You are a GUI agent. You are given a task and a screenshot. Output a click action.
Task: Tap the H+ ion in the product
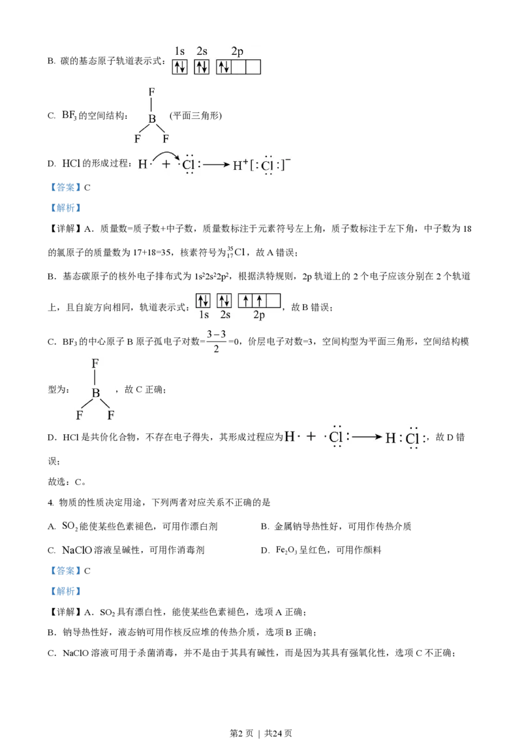(241, 165)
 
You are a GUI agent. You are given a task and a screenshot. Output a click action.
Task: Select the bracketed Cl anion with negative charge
(268, 166)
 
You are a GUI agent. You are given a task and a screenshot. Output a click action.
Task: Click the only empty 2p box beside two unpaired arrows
(273, 300)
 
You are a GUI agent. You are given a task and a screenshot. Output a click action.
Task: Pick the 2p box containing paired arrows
(223, 67)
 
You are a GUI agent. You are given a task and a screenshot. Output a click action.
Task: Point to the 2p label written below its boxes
(259, 315)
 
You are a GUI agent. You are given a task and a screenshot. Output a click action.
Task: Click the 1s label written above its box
(179, 51)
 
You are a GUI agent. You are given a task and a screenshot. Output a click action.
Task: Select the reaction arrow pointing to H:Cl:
(367, 437)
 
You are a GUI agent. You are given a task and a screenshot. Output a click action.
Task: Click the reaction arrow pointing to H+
(216, 165)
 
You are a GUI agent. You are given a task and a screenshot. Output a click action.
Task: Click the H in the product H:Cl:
(390, 438)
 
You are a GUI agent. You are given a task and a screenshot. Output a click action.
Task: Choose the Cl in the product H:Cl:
(412, 438)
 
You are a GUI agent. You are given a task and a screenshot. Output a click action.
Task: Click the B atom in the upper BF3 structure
(152, 119)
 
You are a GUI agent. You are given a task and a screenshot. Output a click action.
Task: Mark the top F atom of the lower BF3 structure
(95, 363)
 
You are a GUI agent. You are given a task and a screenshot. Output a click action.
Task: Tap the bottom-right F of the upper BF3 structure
(166, 138)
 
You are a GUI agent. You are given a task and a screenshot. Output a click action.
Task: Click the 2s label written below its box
(225, 315)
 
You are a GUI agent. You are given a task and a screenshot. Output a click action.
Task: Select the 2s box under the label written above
(201, 67)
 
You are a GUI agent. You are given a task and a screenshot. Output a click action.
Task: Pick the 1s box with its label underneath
(203, 300)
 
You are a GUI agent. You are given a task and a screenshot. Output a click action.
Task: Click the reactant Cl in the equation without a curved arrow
(336, 437)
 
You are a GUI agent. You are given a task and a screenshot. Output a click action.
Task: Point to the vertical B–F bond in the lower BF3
(95, 377)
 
